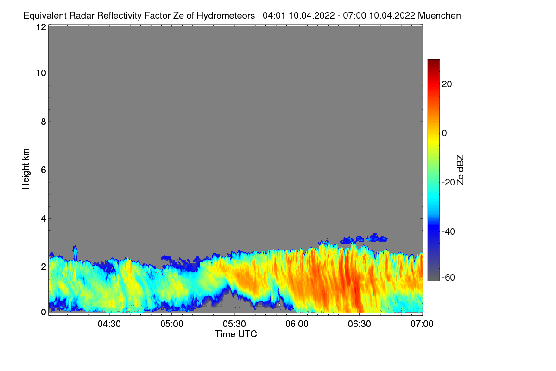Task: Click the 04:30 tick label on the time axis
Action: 109,323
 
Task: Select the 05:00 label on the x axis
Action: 172,323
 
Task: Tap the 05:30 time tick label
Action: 234,323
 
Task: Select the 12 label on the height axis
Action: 41,27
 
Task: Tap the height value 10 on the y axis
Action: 41,73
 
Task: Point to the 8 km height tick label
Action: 43,122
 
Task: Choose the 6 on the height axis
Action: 43,170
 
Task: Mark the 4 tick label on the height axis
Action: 43,218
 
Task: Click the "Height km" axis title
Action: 26,169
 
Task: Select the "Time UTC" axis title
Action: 236,334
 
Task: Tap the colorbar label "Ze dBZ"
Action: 461,170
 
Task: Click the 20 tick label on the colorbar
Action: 447,84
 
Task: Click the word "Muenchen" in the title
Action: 439,15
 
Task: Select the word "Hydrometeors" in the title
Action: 226,15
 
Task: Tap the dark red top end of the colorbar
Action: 433,62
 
